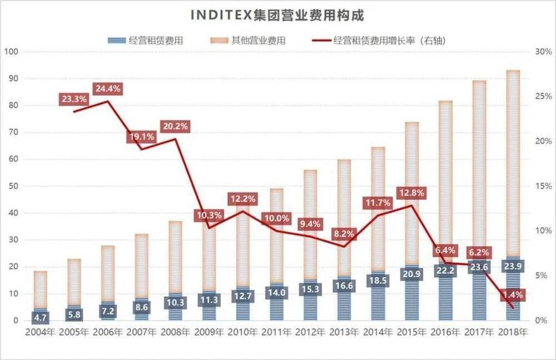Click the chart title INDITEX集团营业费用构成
pos(277,15)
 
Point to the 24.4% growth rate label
pos(107,89)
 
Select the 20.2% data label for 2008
pos(175,126)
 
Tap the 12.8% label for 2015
pos(413,193)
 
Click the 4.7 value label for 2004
pos(40,317)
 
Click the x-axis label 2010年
pos(242,332)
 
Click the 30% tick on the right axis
pos(543,52)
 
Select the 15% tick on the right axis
pos(543,186)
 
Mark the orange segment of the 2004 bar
pos(40,289)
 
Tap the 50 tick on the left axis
pos(13,186)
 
